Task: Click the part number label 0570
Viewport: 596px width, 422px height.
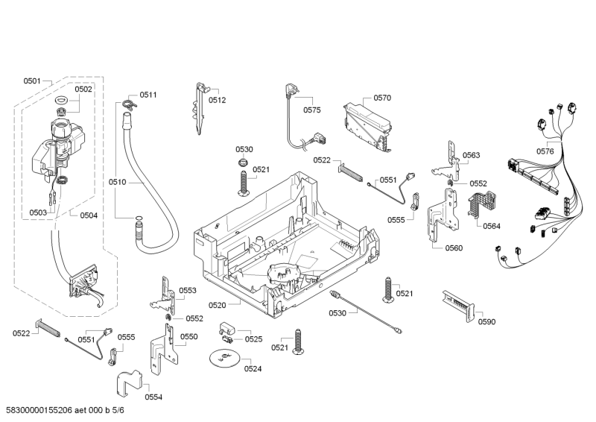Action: [x=382, y=98]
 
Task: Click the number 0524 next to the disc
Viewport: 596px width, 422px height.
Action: [x=253, y=368]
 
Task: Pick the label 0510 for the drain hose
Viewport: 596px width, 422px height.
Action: [x=118, y=182]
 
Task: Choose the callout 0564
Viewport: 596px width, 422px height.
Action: [x=491, y=226]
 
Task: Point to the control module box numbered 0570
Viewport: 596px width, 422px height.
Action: [x=366, y=125]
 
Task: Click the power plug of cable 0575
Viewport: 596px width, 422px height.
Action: [x=291, y=92]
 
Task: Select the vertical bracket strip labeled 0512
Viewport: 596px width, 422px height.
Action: [x=200, y=109]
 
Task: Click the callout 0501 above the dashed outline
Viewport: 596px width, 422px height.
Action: [x=32, y=81]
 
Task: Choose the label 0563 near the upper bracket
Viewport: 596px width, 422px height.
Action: [x=471, y=155]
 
